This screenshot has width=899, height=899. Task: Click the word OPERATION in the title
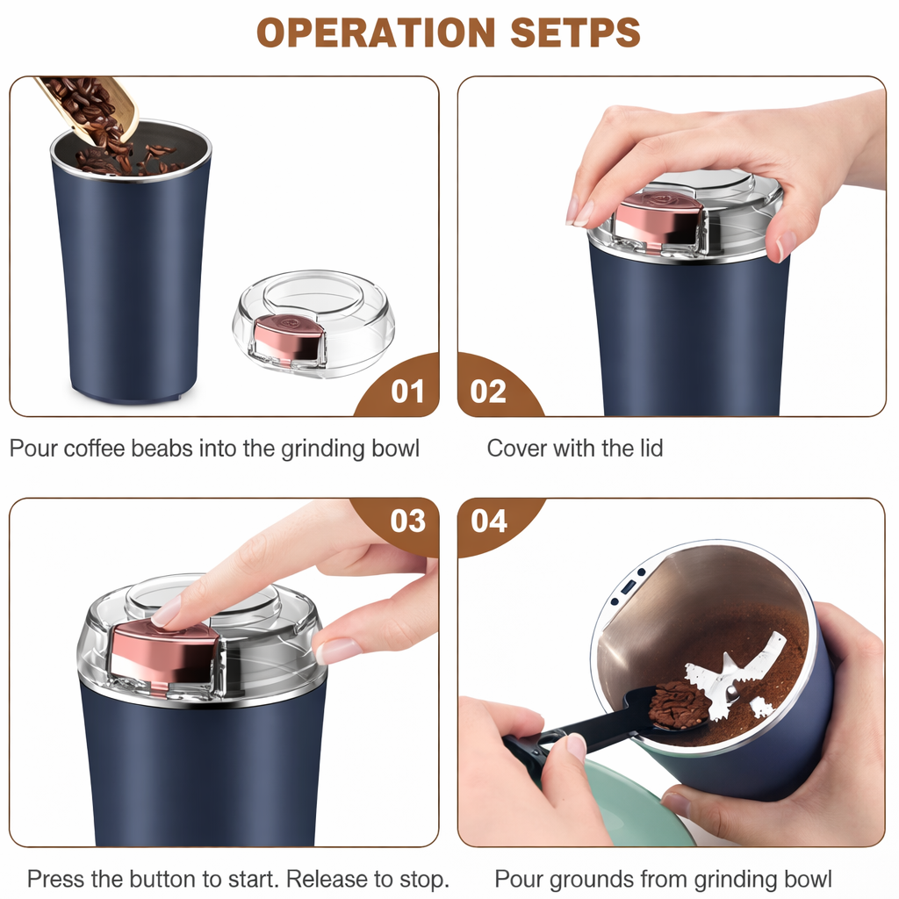377,33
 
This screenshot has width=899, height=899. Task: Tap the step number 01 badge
407,391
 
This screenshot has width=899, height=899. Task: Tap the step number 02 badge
489,391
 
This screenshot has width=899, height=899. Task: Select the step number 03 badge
407,521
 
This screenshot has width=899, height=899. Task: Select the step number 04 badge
489,521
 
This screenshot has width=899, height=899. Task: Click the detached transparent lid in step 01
313,322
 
